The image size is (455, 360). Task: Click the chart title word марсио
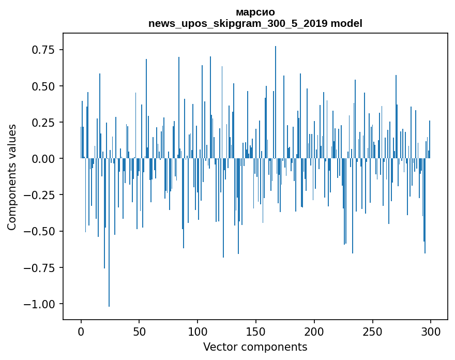pos(255,12)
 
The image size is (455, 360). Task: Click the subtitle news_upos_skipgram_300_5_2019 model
pos(255,23)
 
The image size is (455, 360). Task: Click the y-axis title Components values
pos(12,177)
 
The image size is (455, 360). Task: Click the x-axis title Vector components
pos(255,347)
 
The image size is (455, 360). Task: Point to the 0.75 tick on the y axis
pos(43,50)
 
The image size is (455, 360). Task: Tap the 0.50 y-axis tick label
pos(43,86)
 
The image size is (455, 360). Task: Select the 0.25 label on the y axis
pos(43,123)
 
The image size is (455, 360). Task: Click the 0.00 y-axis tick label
pos(43,159)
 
